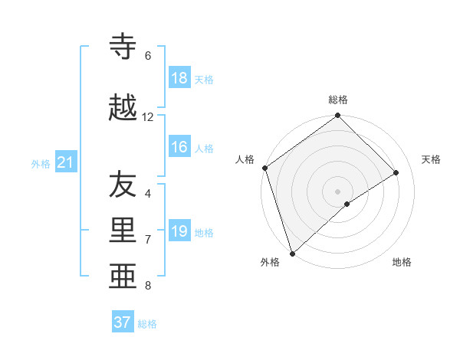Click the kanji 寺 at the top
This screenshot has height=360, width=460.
tap(124, 47)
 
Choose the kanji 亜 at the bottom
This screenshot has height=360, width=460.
tap(124, 275)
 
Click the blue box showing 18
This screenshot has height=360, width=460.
tap(179, 77)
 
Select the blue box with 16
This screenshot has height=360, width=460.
tap(179, 147)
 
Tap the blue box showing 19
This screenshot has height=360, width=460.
tap(179, 231)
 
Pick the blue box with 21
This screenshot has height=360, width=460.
tap(65, 162)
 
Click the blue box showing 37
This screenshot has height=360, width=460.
tap(123, 322)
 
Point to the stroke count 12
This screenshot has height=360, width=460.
tap(148, 117)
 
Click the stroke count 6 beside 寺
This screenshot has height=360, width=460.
tap(148, 56)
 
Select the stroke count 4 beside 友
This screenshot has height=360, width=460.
tap(148, 194)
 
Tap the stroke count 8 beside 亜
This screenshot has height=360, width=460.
tap(148, 286)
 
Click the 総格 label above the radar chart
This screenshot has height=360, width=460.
tap(338, 100)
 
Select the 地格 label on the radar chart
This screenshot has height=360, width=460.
tap(402, 262)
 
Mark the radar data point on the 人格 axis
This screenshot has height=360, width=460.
tap(264, 168)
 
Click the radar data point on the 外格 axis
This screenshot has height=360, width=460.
tap(292, 253)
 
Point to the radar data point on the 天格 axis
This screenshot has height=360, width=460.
tap(396, 172)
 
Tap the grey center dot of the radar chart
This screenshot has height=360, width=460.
tap(337, 191)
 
